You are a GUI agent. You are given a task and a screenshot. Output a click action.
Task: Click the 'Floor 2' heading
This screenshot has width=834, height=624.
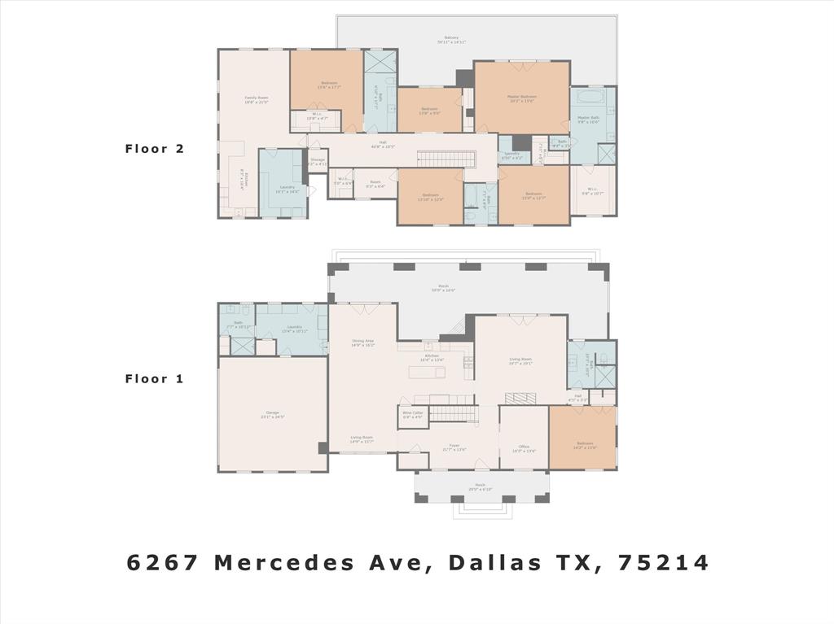[155, 149]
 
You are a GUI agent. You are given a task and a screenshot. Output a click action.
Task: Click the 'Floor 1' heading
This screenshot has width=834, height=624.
[155, 378]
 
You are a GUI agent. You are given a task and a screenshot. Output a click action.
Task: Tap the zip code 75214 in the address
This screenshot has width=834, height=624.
[664, 562]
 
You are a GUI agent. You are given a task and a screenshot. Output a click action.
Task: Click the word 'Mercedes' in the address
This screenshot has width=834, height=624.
[323, 562]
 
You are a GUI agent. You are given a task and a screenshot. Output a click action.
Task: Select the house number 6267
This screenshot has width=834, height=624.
[163, 562]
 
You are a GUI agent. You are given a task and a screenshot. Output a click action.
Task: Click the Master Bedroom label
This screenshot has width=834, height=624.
[522, 98]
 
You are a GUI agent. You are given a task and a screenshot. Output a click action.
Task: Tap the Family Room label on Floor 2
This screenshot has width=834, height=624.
[257, 98]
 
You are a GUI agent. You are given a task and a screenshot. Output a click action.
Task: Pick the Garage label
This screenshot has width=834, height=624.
[272, 414]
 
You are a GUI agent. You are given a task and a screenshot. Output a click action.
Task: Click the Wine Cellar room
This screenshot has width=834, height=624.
[413, 414]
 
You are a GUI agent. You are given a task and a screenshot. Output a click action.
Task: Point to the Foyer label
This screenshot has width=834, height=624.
[454, 446]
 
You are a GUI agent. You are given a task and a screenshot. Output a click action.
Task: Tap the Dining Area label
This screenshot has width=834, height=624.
[362, 342]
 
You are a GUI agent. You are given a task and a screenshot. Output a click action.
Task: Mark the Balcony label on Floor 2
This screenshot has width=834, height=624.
[451, 38]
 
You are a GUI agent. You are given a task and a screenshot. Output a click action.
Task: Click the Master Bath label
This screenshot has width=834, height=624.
[589, 119]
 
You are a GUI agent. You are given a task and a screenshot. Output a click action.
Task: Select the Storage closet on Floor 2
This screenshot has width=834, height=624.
[318, 161]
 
